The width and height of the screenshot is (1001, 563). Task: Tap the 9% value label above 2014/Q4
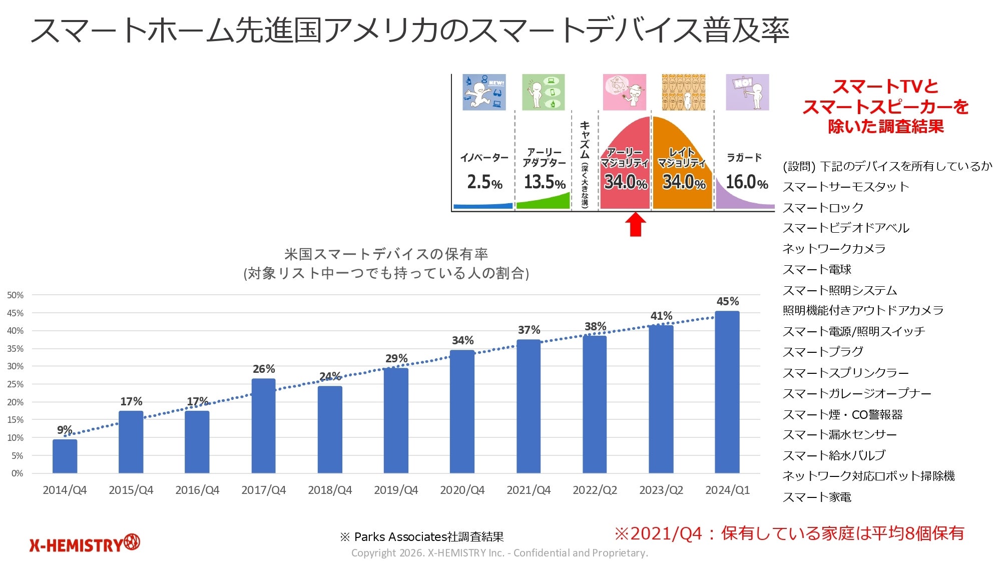64,430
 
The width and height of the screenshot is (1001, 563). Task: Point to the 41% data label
661,316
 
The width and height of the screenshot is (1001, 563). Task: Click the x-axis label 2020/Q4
462,490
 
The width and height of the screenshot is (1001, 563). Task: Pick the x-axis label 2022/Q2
595,490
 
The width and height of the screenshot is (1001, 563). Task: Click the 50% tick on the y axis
16,295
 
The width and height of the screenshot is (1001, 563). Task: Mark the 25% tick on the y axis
16,384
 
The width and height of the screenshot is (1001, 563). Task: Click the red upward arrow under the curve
635,224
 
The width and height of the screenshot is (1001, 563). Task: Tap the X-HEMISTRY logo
85,543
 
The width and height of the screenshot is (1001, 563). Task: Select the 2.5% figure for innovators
484,182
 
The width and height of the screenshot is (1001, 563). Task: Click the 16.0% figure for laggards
747,182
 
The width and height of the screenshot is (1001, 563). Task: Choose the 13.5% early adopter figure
545,182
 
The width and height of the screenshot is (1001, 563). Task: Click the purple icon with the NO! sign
747,93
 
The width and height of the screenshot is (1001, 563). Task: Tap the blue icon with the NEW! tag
484,93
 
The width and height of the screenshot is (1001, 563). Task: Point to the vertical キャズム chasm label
585,163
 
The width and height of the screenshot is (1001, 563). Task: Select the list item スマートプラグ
823,352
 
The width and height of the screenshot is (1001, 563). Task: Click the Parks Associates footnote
422,537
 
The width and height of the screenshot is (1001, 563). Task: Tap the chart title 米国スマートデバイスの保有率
386,254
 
